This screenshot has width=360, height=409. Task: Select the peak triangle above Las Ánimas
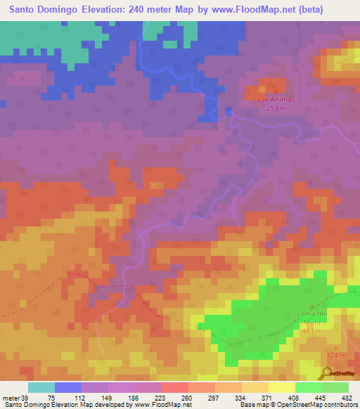(x=276, y=91)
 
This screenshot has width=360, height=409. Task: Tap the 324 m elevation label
(x=336, y=356)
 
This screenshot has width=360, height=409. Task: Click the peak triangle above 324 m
(x=336, y=347)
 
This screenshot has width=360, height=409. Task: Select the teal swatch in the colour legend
(x=41, y=387)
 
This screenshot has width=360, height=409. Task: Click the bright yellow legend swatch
(x=282, y=387)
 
